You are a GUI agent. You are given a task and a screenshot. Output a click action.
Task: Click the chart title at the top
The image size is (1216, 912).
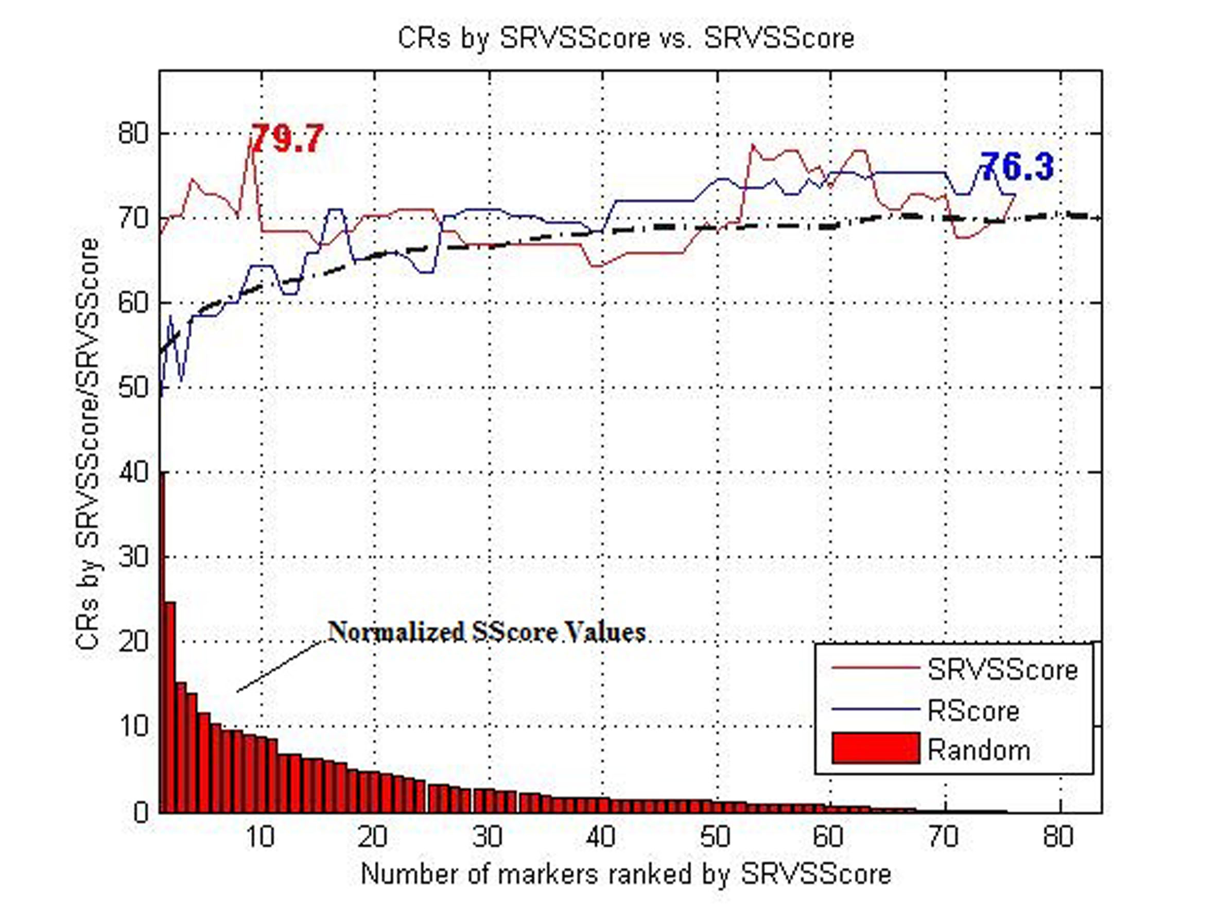coord(626,39)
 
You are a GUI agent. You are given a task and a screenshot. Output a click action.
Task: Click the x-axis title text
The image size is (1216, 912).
coord(626,873)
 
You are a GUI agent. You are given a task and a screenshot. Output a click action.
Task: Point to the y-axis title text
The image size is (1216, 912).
coord(88,444)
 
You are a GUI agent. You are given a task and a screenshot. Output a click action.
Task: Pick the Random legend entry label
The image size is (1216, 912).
coord(979,750)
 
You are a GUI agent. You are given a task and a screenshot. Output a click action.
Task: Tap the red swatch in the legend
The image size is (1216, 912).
coord(876,748)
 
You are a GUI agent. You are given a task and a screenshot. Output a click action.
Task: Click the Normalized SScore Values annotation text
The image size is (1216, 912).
coord(487,632)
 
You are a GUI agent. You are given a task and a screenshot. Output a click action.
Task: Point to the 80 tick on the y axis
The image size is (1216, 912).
coord(133,134)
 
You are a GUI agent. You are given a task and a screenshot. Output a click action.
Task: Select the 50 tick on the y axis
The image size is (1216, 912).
coord(133,388)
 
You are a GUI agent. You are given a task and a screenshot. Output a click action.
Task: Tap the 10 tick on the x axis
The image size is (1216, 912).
coord(260,837)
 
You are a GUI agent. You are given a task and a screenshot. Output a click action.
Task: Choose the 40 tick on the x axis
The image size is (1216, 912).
coord(601,837)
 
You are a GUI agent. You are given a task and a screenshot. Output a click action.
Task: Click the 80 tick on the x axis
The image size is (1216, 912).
coord(1058,837)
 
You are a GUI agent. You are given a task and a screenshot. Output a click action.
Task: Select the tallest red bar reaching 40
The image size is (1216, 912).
coord(162,643)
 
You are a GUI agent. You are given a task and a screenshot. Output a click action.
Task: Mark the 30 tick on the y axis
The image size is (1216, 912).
coord(133,557)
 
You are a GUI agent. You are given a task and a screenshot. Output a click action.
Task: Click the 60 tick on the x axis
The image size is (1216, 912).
coord(828,837)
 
